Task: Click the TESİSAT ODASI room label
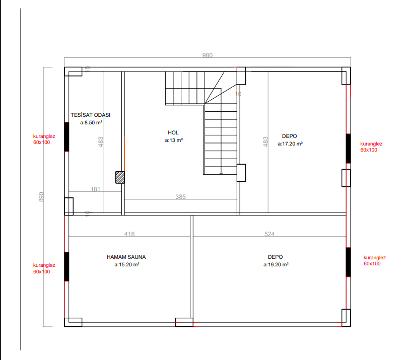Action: pyautogui.click(x=91, y=115)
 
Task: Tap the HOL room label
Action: pyautogui.click(x=173, y=132)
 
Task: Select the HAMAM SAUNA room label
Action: pyautogui.click(x=126, y=257)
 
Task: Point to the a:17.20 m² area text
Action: pyautogui.click(x=290, y=143)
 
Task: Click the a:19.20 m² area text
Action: pyautogui.click(x=276, y=264)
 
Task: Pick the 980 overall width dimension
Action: pyautogui.click(x=208, y=55)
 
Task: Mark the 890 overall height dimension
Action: pyautogui.click(x=41, y=197)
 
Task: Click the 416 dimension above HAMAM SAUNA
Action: pyautogui.click(x=129, y=234)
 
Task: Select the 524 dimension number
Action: pyautogui.click(x=269, y=234)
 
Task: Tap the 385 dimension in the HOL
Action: pyautogui.click(x=180, y=197)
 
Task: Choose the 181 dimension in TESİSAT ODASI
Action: pyautogui.click(x=95, y=189)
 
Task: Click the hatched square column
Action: pyautogui.click(x=120, y=177)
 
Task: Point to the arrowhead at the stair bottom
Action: pyautogui.click(x=221, y=174)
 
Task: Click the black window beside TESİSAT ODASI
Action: pyautogui.click(x=66, y=136)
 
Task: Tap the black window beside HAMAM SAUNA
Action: pyautogui.click(x=66, y=266)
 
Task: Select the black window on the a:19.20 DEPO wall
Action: pyautogui.click(x=349, y=262)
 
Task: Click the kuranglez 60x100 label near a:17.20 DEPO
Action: pyautogui.click(x=371, y=147)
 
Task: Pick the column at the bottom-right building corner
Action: pyautogui.click(x=346, y=318)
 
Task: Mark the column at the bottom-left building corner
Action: pyautogui.click(x=73, y=322)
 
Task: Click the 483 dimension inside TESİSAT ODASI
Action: pyautogui.click(x=101, y=142)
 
